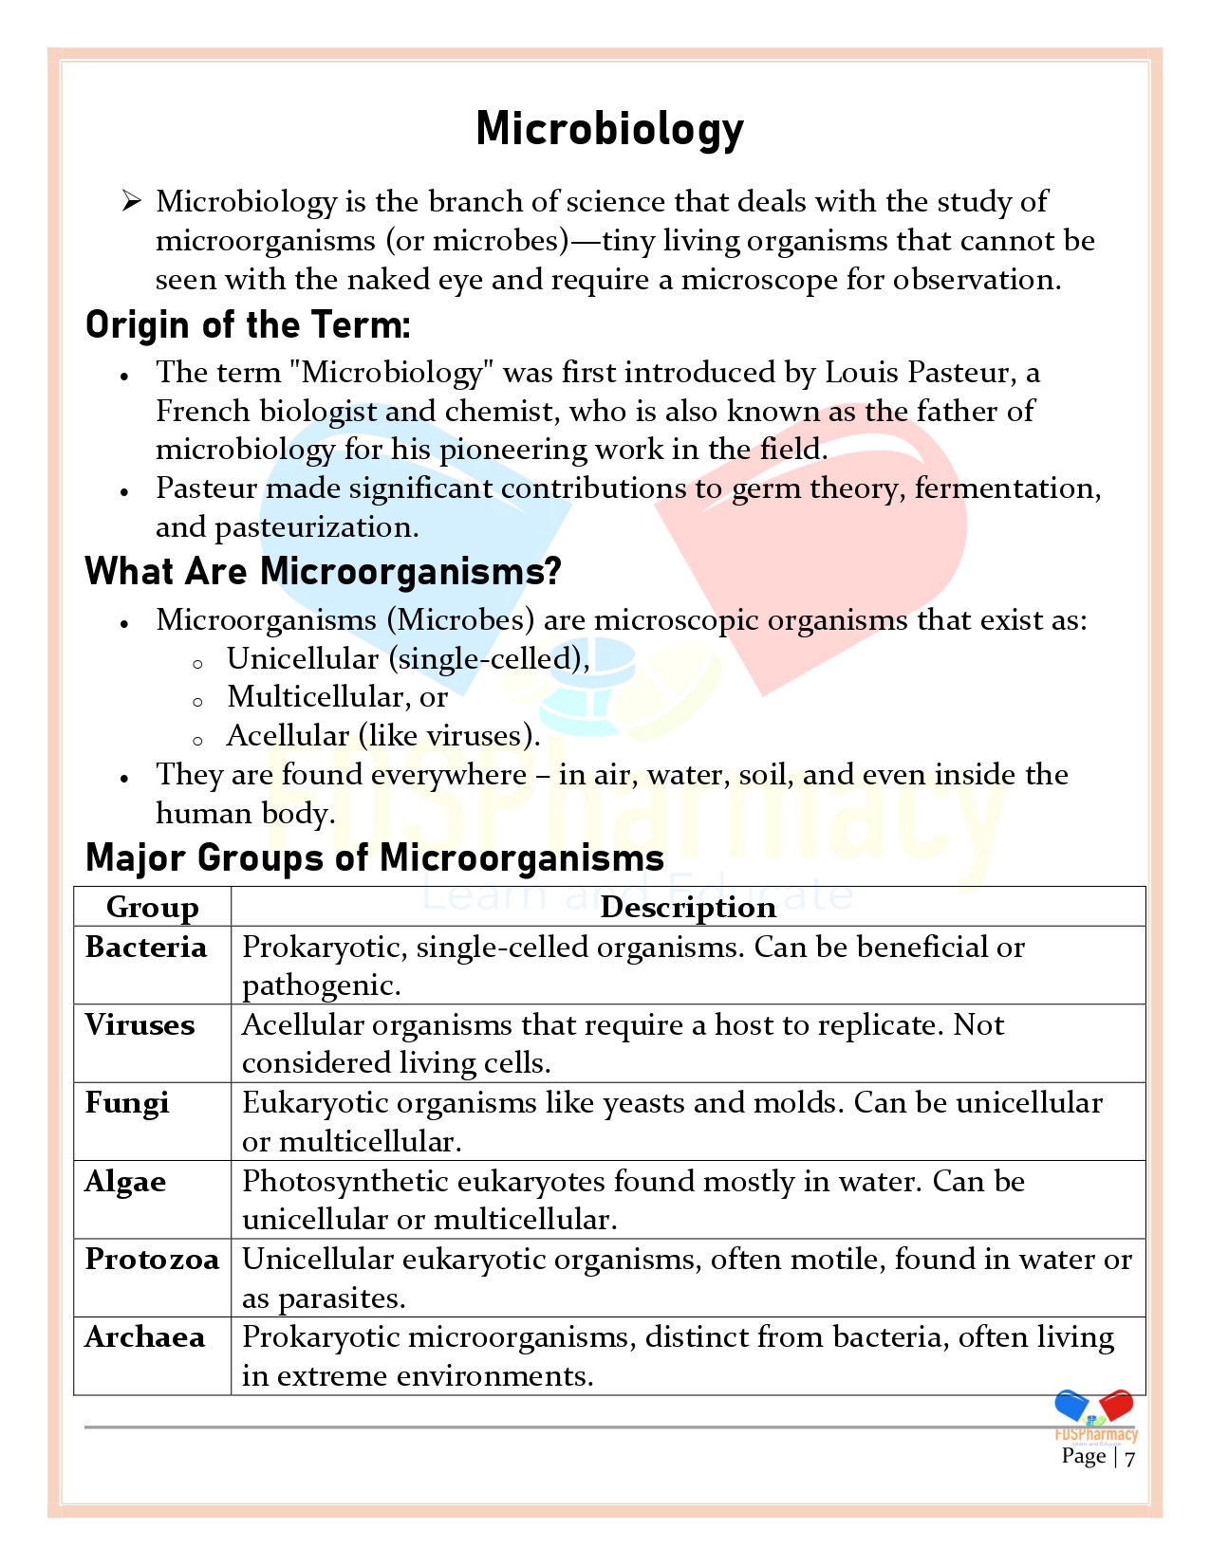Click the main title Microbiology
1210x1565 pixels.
609,129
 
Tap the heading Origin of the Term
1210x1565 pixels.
248,325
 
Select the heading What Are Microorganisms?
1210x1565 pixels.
323,572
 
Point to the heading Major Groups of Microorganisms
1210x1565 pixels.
375,857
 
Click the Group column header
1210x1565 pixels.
152,908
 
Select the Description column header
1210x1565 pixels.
688,908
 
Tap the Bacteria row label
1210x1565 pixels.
145,948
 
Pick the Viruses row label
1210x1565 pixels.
140,1025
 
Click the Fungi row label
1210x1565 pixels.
127,1103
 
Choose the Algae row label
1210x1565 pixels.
125,1182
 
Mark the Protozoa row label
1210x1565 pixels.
152,1260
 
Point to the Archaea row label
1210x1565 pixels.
144,1337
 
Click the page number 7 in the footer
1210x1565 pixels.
1129,1458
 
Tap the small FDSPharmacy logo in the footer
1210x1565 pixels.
1096,1416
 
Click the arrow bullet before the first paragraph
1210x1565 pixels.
131,201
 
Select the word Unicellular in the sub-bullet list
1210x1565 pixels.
303,659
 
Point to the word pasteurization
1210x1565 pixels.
316,527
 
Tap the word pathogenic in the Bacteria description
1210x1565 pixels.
321,986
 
